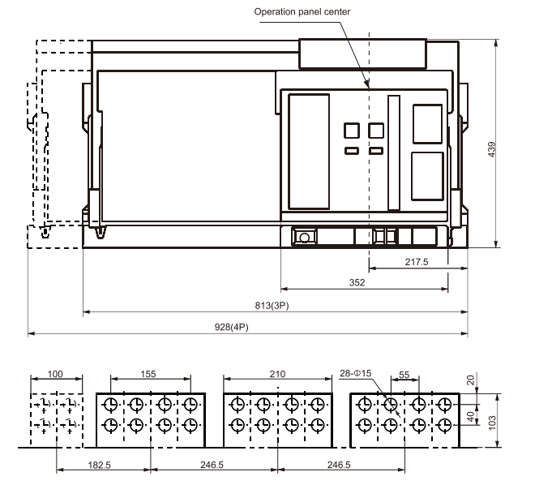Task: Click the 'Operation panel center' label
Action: (x=302, y=12)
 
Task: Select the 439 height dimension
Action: (x=491, y=149)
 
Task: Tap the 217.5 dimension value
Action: (x=417, y=262)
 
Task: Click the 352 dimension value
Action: (x=357, y=282)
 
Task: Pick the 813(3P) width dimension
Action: (x=272, y=306)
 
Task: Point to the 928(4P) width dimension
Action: (x=231, y=327)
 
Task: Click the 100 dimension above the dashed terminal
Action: (x=55, y=374)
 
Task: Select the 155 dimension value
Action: (x=148, y=374)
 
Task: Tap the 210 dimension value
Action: (x=277, y=374)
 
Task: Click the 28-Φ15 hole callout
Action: (x=356, y=373)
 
